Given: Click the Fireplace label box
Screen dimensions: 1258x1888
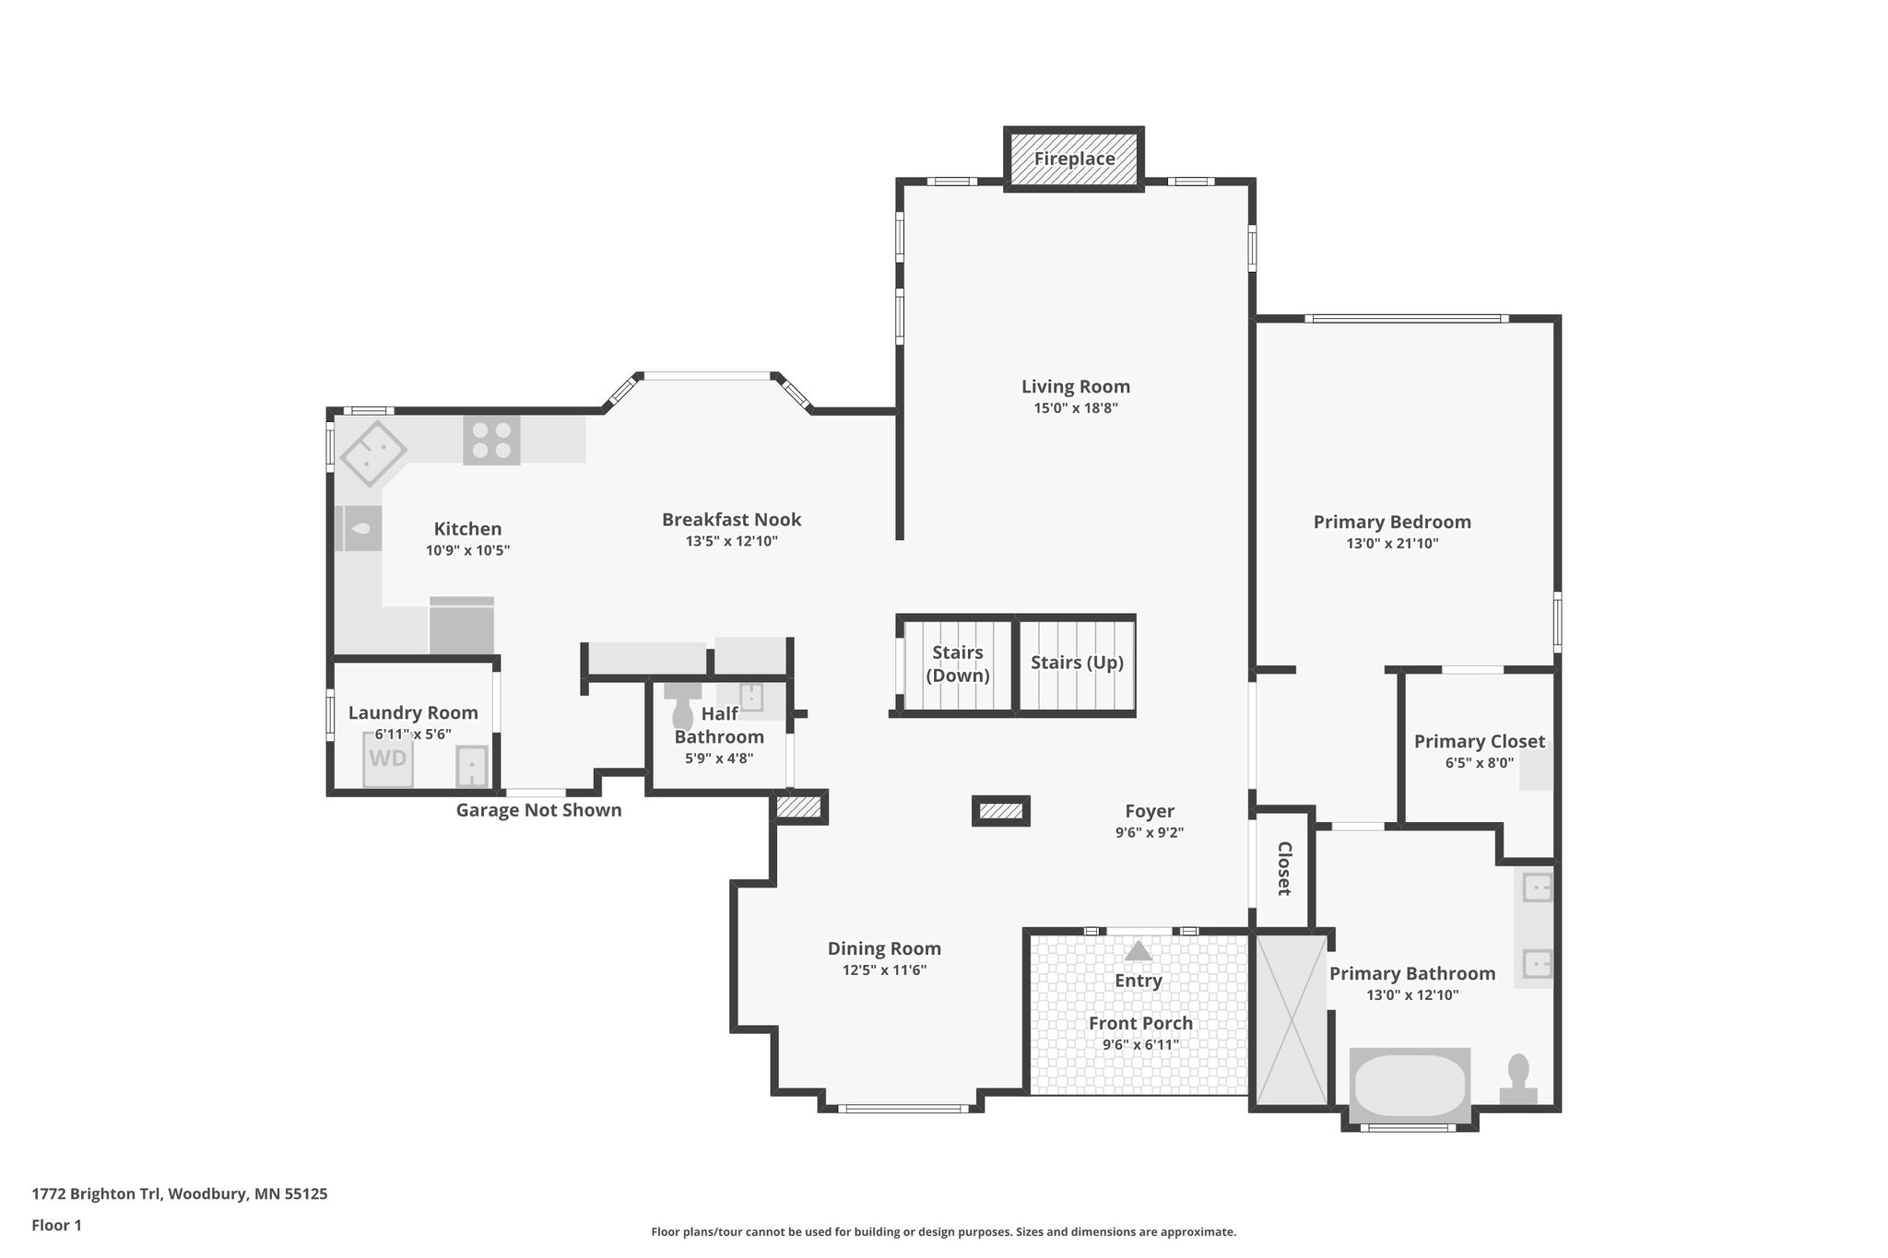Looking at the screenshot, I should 1074,159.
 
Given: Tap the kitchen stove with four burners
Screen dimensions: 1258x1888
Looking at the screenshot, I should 491,440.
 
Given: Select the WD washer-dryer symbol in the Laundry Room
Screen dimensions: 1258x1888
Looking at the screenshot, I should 388,758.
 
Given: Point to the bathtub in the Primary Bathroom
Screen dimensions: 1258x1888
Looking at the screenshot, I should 1410,1086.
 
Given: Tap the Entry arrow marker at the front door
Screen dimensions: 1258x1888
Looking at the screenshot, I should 1139,950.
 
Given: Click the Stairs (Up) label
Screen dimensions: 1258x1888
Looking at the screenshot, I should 1077,663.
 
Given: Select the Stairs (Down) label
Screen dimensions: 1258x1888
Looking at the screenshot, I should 958,664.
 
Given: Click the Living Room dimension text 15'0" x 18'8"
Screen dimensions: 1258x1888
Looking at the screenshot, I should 1076,408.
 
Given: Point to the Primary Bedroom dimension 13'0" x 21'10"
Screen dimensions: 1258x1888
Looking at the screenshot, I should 1392,544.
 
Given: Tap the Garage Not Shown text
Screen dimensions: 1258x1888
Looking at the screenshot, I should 538,810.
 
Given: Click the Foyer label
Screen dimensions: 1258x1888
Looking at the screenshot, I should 1150,811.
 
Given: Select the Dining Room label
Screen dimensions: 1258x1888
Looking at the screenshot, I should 884,948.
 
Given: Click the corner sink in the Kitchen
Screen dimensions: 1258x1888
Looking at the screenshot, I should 372,453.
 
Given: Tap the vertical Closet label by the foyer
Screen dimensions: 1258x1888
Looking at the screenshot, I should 1283,868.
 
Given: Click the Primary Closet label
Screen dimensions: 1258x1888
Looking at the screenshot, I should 1479,741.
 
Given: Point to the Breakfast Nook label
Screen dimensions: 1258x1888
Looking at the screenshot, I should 731,520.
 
